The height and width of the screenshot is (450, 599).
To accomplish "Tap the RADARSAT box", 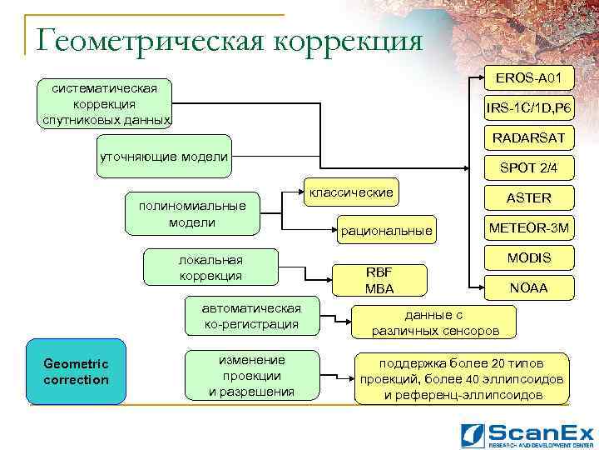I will click(528, 137).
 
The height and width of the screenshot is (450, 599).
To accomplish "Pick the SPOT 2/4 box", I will click(528, 167).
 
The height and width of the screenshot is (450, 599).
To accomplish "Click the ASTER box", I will click(529, 197).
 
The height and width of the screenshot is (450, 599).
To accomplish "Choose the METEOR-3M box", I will click(529, 227).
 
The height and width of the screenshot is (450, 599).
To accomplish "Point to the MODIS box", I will click(529, 257).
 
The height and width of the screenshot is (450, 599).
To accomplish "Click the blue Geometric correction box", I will click(77, 372).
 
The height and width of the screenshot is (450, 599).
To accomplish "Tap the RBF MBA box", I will click(379, 280).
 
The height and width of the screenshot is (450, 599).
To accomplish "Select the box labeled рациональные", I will click(385, 230).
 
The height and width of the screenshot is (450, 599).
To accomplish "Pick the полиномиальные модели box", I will click(192, 214).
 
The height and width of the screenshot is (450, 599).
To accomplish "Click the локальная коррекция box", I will click(210, 267).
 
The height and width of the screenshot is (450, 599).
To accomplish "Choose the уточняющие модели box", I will click(163, 157).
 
